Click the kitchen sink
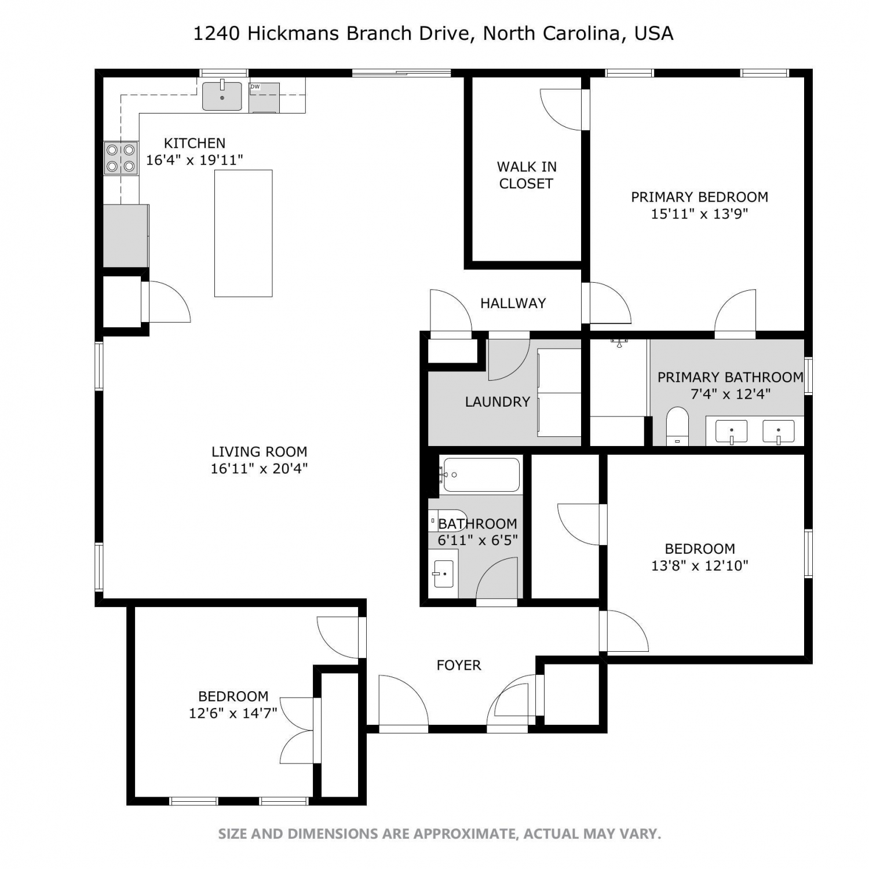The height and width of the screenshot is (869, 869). coord(222,96)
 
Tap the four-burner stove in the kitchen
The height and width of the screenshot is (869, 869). coord(121,158)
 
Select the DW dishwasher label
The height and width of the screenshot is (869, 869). coord(255,87)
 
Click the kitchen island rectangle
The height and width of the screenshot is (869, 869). coord(243,233)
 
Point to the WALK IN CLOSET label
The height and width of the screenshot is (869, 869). coord(527,175)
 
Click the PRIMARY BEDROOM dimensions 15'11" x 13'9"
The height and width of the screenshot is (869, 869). coord(700,214)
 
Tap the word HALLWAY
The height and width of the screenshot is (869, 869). coord(513,303)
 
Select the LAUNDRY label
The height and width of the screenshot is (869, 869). coord(498,401)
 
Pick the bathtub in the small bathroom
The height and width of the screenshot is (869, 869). coord(480,474)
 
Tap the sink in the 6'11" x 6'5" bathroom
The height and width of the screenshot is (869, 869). coord(443,574)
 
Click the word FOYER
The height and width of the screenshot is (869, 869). coord(459,665)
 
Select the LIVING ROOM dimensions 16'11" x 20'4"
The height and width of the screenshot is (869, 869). coord(259,469)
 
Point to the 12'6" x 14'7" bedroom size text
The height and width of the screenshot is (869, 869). coord(233,713)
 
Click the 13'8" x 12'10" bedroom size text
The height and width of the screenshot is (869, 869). coord(700,565)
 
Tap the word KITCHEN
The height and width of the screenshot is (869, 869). coord(195,143)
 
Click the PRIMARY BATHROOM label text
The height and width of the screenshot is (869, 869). coord(731,377)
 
